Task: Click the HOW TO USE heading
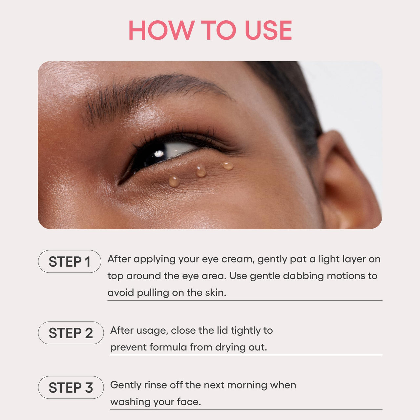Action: click(x=210, y=30)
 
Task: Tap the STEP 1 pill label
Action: click(x=70, y=262)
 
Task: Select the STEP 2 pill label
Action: click(x=71, y=333)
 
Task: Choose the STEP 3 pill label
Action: click(x=71, y=388)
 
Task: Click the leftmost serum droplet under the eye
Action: click(x=174, y=181)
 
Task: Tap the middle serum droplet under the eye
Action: click(x=201, y=171)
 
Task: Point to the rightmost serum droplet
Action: click(x=227, y=165)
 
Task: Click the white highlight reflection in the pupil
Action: click(x=159, y=154)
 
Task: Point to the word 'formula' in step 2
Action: click(x=168, y=347)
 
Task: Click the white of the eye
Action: click(x=179, y=149)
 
